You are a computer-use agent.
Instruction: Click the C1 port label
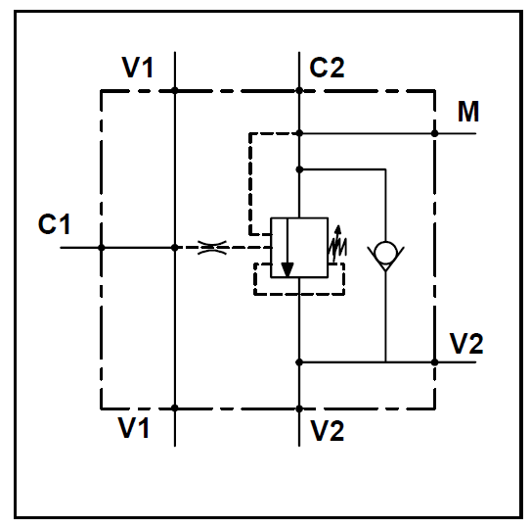click(54, 224)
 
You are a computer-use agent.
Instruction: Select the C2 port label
click(327, 68)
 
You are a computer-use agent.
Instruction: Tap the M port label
click(468, 112)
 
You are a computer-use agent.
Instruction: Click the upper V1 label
click(138, 68)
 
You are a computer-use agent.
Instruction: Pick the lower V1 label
click(133, 427)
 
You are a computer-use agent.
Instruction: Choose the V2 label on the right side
click(466, 344)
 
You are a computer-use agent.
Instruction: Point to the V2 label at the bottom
click(328, 431)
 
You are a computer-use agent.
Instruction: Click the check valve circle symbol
click(385, 253)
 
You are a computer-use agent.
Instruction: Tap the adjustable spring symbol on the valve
click(337, 244)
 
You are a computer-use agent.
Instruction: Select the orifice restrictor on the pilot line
click(212, 248)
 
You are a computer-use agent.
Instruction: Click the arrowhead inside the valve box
click(288, 269)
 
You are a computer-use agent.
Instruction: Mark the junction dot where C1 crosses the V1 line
click(175, 248)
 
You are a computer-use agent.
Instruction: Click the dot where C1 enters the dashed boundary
click(102, 248)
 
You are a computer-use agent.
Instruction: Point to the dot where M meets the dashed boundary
click(435, 133)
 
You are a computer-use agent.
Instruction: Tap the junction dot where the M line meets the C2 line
click(299, 133)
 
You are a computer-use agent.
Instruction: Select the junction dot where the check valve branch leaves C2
click(299, 169)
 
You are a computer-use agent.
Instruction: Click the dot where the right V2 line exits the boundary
click(435, 362)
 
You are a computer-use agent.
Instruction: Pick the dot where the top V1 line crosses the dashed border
click(175, 90)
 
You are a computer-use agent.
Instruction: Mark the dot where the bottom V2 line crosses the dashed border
click(299, 408)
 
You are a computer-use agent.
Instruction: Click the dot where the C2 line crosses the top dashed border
click(299, 90)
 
